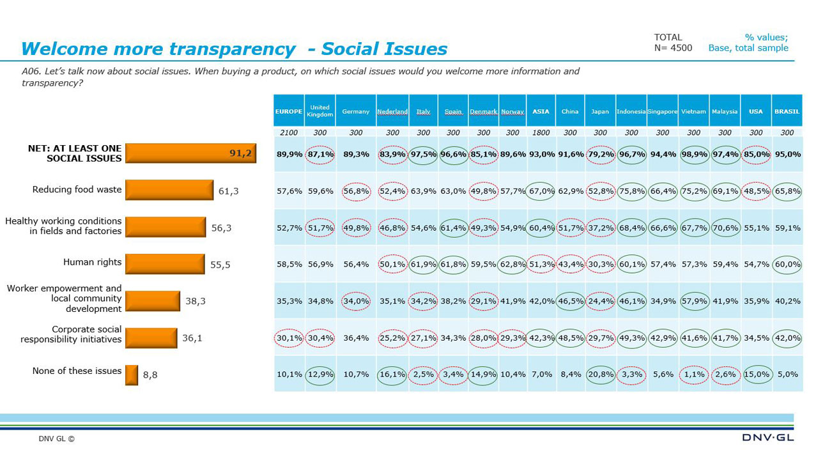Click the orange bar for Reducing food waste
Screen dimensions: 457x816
[x=169, y=190]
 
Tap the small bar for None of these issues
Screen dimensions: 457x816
[x=132, y=375]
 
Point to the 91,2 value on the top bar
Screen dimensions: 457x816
[x=240, y=153]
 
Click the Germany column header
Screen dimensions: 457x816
[x=355, y=111]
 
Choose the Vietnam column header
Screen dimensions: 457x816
[x=693, y=111]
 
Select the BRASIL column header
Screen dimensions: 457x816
[x=787, y=111]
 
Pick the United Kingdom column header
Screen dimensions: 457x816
[x=319, y=111]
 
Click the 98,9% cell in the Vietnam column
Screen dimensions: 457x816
[x=693, y=154]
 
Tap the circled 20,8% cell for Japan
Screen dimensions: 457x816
[x=600, y=374]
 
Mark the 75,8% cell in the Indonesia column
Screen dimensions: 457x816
[x=631, y=190]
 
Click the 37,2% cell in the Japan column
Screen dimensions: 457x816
[x=600, y=228]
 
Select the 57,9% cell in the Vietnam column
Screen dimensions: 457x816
[x=693, y=300]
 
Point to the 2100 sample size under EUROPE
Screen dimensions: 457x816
[x=289, y=132]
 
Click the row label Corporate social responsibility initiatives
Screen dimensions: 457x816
[x=71, y=334]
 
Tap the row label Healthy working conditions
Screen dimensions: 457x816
[x=63, y=226]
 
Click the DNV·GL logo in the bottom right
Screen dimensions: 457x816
[x=768, y=438]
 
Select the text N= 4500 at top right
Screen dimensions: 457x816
[x=673, y=48]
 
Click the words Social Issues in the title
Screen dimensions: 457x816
[x=384, y=49]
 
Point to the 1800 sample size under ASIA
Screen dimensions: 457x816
[x=541, y=132]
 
